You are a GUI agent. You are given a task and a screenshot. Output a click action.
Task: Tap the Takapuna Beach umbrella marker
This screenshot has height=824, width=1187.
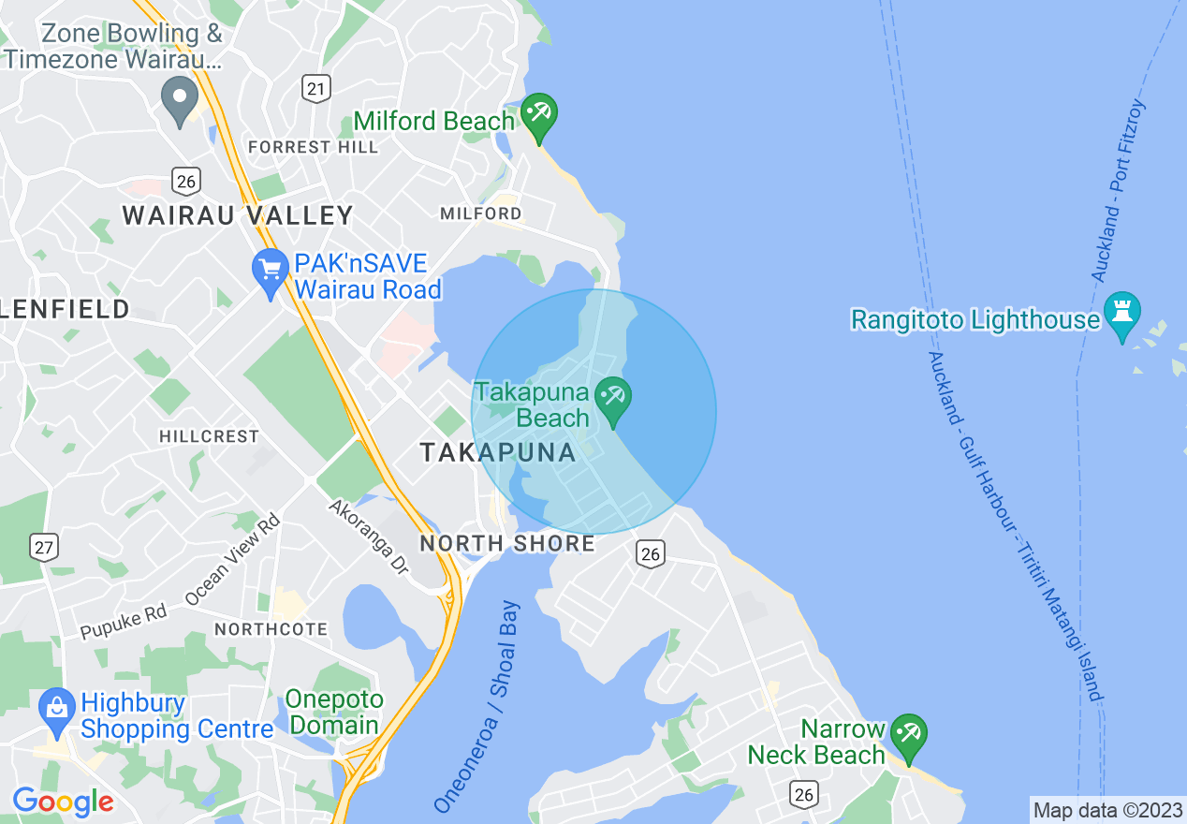coord(613,400)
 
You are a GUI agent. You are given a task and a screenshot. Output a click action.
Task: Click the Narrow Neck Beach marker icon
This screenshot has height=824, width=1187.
coord(908,736)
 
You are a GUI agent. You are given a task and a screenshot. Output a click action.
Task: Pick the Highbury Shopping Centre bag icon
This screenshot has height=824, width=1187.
coord(57,711)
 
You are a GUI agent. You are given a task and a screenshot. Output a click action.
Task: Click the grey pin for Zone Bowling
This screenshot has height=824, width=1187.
coord(180,98)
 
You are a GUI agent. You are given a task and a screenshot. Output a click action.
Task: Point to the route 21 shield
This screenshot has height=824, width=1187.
coord(317,89)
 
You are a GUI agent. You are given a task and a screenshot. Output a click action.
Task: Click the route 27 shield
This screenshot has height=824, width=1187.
coord(43,548)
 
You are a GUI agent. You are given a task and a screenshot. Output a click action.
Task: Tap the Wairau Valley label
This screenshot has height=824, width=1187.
coord(238,215)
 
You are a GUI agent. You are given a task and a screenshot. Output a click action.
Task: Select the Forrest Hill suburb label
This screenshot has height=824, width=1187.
coord(313,147)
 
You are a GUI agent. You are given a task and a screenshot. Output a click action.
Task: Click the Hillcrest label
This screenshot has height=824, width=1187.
coord(209,436)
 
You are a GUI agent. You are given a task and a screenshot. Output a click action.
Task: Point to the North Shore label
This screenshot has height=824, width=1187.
coord(506,544)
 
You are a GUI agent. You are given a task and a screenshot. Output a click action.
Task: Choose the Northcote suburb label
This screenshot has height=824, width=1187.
coord(271,629)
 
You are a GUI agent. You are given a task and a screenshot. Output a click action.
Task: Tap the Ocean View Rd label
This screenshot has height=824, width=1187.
coord(232,560)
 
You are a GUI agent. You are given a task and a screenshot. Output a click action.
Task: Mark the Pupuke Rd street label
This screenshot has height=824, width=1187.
coord(124,623)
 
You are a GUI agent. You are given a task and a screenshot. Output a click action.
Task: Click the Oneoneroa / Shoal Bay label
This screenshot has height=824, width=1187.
coord(477,707)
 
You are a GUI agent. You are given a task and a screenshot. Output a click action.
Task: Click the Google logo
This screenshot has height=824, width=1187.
coord(64,802)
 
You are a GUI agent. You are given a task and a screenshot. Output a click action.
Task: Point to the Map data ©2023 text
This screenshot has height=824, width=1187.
coord(1107,809)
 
